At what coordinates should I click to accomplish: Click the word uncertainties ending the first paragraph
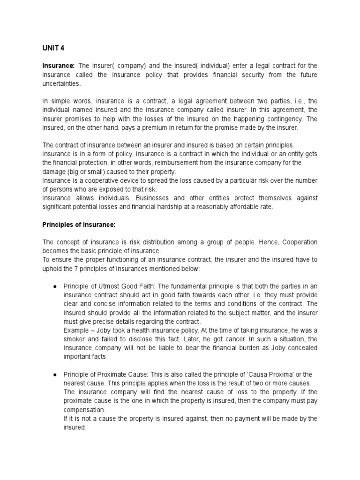61,83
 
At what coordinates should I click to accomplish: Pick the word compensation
83,410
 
